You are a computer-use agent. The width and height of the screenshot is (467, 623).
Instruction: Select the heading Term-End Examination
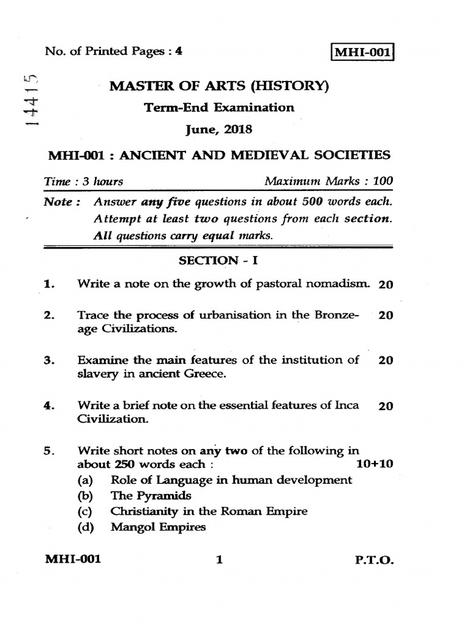point(218,108)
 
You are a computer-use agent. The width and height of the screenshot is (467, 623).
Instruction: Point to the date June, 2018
point(218,130)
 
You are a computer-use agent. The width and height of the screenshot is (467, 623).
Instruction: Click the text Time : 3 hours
point(84,181)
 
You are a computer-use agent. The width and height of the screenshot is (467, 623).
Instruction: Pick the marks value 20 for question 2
point(386,315)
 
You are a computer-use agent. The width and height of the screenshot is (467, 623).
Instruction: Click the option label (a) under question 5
point(85,480)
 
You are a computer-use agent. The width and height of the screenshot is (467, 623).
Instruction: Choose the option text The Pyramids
point(151,495)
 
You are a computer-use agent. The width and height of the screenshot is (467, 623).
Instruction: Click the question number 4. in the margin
point(50,405)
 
